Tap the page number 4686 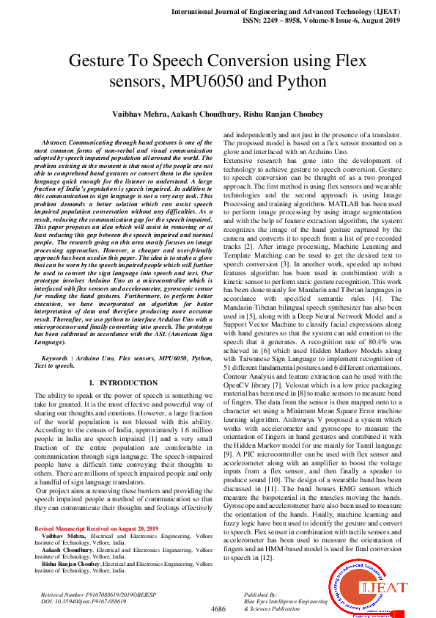point(218,609)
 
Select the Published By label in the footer point(261,593)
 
